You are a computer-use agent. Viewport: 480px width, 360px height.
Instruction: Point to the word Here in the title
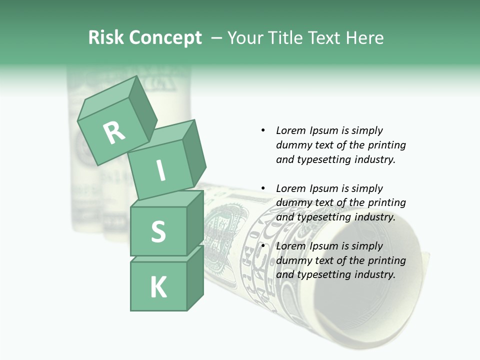(363, 38)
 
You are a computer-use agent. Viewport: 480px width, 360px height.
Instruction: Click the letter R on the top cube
(114, 133)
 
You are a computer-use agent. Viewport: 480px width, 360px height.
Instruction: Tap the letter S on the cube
(158, 232)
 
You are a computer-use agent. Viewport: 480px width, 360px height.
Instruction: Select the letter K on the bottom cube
(158, 287)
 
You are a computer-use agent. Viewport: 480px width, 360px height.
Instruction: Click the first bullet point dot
(263, 130)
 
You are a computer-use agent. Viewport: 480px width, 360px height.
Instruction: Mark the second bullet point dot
(263, 188)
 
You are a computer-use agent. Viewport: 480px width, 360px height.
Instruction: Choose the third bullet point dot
(263, 246)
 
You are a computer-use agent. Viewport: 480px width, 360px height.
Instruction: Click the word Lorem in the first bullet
(290, 130)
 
